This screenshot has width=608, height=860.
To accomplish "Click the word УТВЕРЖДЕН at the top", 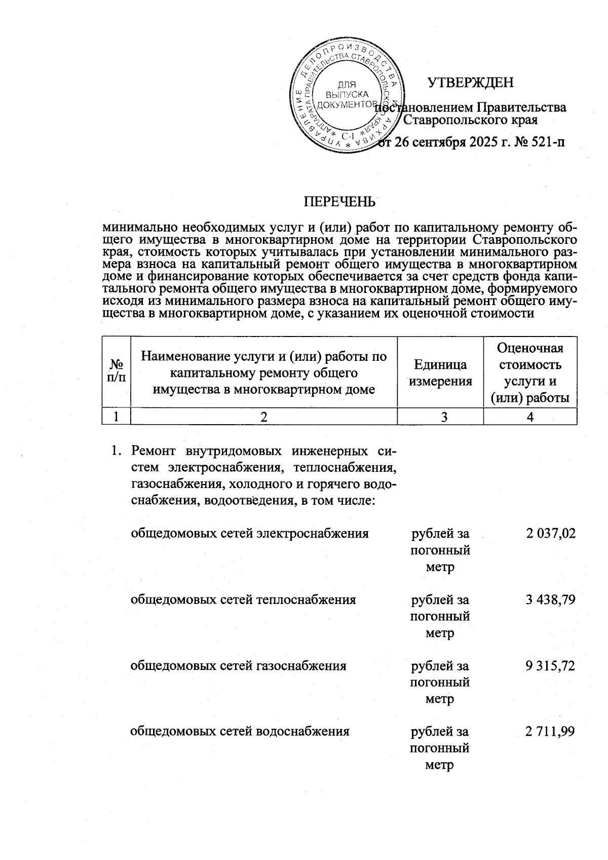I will [x=471, y=83].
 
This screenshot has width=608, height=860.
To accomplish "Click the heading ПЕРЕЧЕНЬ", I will [x=339, y=202].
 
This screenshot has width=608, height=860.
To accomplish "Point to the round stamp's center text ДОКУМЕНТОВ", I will [x=345, y=104].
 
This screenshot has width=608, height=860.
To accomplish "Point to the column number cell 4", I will [x=530, y=417].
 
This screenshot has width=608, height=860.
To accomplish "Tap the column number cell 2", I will [x=263, y=417].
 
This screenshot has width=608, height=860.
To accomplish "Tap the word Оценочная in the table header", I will [x=530, y=348].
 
